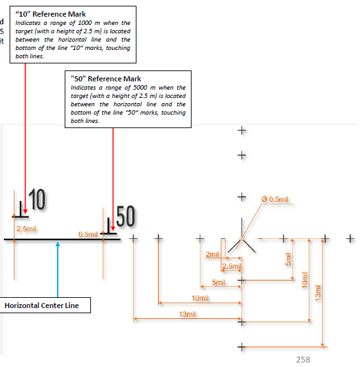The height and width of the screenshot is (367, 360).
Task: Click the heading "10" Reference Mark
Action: pyautogui.click(x=51, y=14)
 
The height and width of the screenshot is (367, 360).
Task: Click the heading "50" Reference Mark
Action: pyautogui.click(x=106, y=79)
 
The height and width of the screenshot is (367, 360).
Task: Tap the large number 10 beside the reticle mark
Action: pyautogui.click(x=37, y=199)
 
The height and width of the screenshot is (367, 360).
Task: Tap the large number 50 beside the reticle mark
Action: pyautogui.click(x=126, y=216)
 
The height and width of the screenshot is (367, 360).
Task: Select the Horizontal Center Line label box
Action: pyautogui.click(x=45, y=306)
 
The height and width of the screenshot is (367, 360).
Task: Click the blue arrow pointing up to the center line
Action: pyautogui.click(x=58, y=270)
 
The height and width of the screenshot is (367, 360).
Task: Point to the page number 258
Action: pyautogui.click(x=303, y=360)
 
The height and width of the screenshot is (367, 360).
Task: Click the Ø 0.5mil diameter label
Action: pyautogui.click(x=275, y=199)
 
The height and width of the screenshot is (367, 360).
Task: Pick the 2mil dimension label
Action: pyautogui.click(x=212, y=254)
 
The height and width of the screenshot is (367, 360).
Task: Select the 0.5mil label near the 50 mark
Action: pyautogui.click(x=88, y=234)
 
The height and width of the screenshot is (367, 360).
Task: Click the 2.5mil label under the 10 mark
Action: pyautogui.click(x=26, y=229)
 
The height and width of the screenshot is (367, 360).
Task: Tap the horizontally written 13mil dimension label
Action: pyautogui.click(x=187, y=314)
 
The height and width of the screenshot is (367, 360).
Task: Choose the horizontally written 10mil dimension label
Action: pyautogui.click(x=200, y=298)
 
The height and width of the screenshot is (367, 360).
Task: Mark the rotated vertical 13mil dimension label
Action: pyautogui.click(x=318, y=293)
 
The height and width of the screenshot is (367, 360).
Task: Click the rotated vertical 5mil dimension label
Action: pyautogui.click(x=288, y=259)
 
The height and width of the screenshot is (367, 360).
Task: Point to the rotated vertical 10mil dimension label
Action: pyautogui.click(x=304, y=280)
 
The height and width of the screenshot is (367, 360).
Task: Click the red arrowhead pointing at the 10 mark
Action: pyautogui.click(x=25, y=211)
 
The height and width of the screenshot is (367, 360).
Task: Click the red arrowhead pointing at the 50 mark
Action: pyautogui.click(x=113, y=229)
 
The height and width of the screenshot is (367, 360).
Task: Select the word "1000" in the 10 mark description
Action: pyautogui.click(x=85, y=23)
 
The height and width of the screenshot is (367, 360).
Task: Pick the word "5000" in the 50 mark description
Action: pyautogui.click(x=140, y=88)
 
